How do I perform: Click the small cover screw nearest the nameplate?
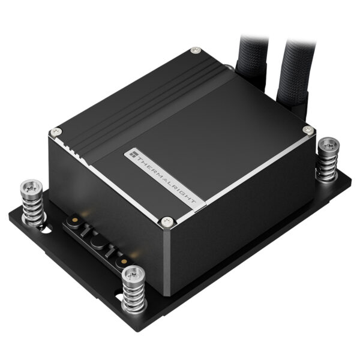coord(168,221)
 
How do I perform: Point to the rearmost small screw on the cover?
coord(194,52)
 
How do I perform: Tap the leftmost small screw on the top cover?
coord(56,132)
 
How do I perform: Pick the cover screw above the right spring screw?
coord(308,130)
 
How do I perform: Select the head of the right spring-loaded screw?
coord(329,145)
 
